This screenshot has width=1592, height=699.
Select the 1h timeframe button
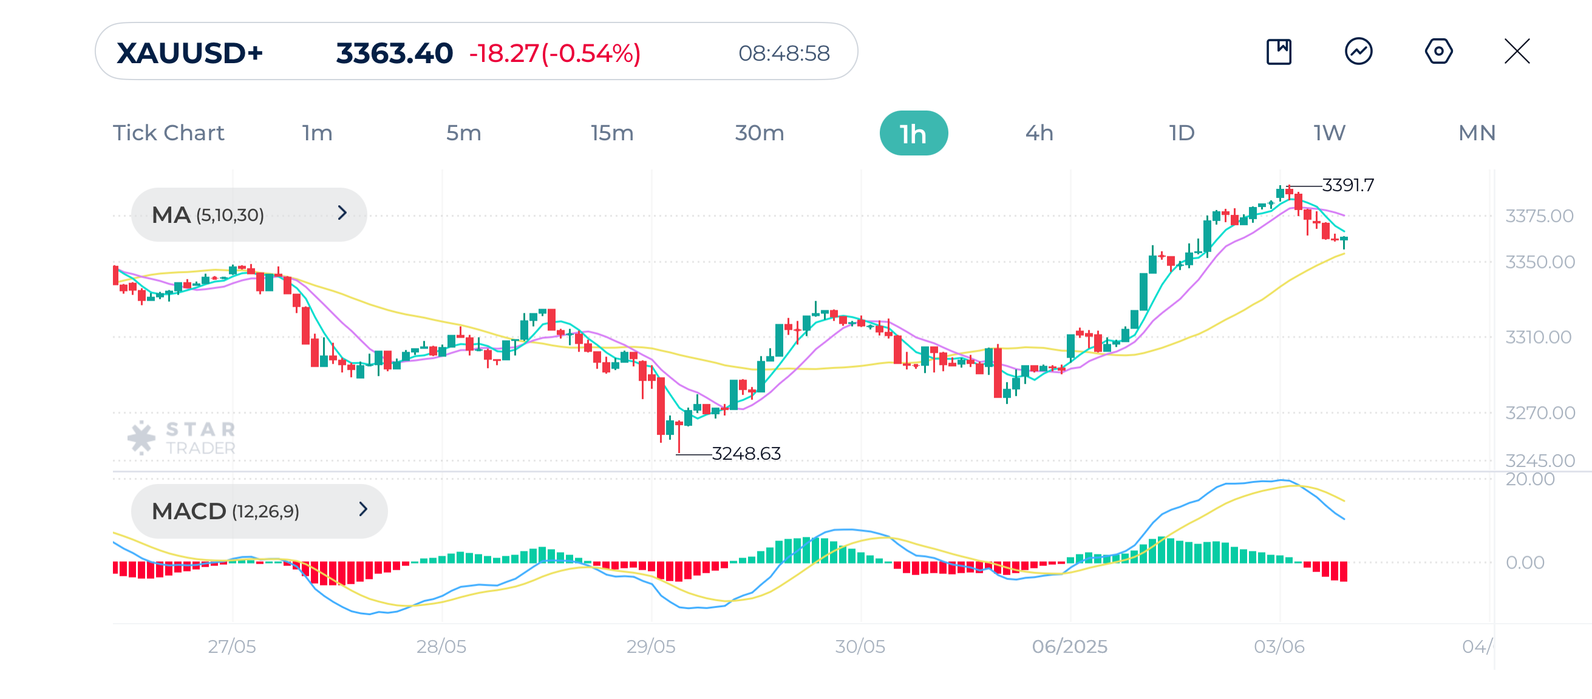coord(913,134)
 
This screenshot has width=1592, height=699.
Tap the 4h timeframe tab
coord(1039,134)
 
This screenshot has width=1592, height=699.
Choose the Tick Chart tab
coord(168,134)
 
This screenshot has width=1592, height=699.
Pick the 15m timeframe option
coord(611,134)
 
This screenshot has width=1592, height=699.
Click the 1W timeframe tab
coord(1328,134)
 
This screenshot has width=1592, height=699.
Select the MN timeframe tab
coord(1477,134)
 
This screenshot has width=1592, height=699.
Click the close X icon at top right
coord(1517,51)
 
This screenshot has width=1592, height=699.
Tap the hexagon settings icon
coord(1438,51)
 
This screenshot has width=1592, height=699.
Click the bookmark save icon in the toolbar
coord(1279,51)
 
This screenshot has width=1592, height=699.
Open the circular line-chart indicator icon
coord(1358,51)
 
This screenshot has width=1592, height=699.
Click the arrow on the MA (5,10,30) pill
coord(342,213)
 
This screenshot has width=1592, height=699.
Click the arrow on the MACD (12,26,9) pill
coord(362,510)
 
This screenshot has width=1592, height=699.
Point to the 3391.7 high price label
coord(1347,185)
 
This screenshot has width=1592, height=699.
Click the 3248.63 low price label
coord(746,454)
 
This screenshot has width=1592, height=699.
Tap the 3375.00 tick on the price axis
coord(1539,216)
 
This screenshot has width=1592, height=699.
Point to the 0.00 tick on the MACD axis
coord(1525,562)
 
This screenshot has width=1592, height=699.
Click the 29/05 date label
coord(651,646)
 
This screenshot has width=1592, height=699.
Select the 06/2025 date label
coord(1069,646)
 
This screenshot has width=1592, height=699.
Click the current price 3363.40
coord(394,53)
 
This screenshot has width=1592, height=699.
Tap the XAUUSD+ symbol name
coord(189,53)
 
